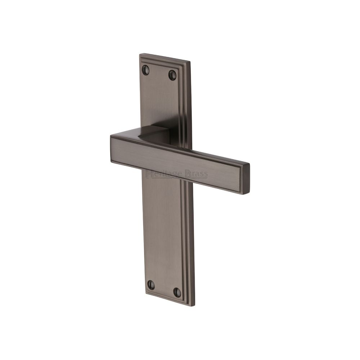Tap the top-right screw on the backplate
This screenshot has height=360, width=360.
click(171, 75)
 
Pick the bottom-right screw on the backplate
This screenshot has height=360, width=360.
click(176, 291)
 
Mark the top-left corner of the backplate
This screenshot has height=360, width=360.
click(139, 55)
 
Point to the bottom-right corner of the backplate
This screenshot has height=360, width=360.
click(195, 306)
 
